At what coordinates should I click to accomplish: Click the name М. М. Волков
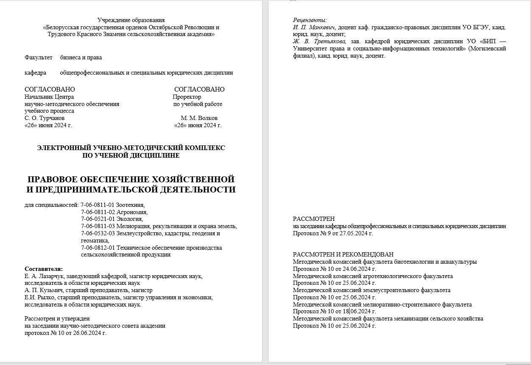coord(199,118)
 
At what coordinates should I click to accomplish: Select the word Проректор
coord(187,97)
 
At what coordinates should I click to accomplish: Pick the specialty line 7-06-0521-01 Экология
coord(112,219)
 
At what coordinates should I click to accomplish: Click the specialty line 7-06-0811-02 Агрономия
coord(114,212)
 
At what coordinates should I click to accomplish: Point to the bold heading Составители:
coord(44,269)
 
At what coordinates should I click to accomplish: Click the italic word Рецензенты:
coord(310,20)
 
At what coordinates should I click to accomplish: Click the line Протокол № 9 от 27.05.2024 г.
coord(333,233)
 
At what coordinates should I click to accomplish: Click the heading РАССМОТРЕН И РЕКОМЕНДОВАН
coord(343,254)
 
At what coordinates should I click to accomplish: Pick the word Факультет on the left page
coord(38,57)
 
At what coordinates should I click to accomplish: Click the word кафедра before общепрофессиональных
coord(35,72)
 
